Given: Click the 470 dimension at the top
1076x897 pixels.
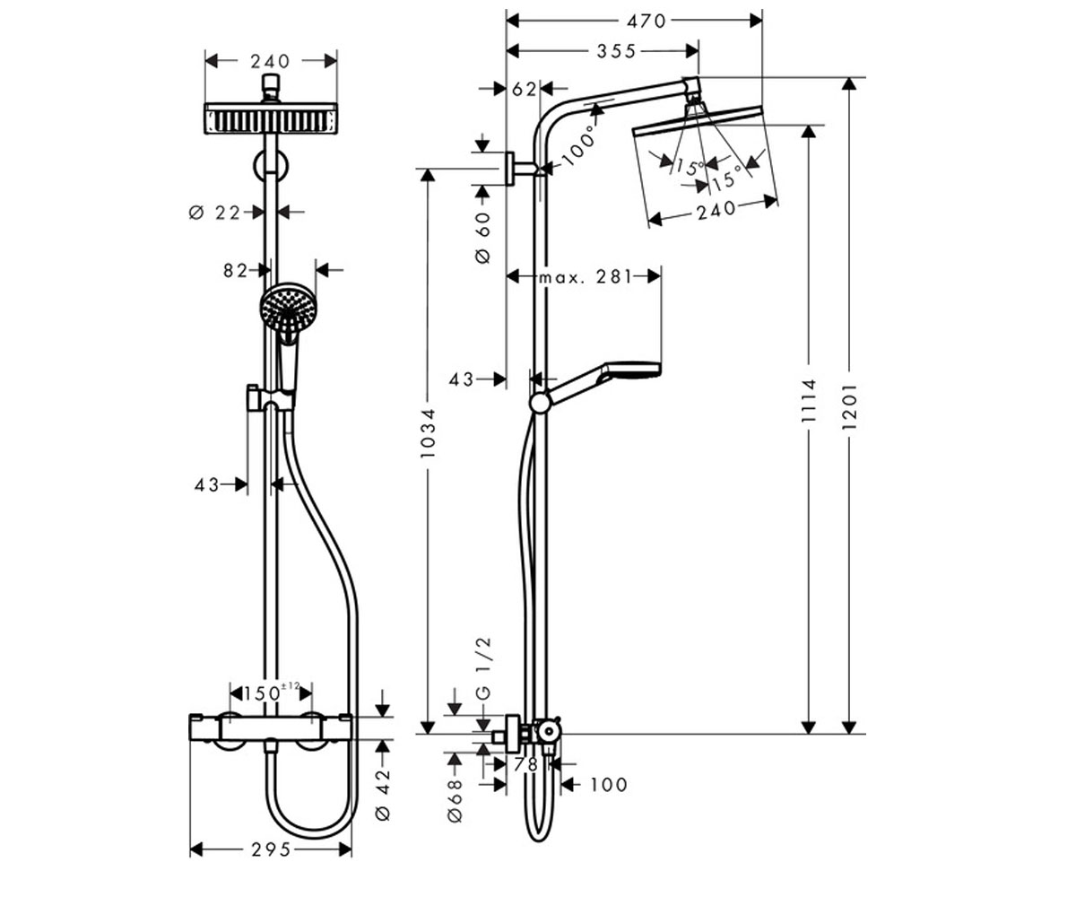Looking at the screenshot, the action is click(x=646, y=22).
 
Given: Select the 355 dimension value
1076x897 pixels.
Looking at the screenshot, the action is click(x=616, y=51).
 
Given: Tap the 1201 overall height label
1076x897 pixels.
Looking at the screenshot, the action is click(x=849, y=406).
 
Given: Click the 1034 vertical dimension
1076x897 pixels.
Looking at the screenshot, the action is click(x=428, y=433).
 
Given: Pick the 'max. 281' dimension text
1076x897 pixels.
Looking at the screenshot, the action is click(x=586, y=277).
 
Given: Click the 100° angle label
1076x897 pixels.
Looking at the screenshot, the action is click(x=578, y=146).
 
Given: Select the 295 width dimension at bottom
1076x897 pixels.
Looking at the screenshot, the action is click(x=271, y=849).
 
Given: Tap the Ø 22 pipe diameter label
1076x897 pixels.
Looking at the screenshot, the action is click(x=215, y=213).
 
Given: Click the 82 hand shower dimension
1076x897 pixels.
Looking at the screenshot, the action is click(x=236, y=270).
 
